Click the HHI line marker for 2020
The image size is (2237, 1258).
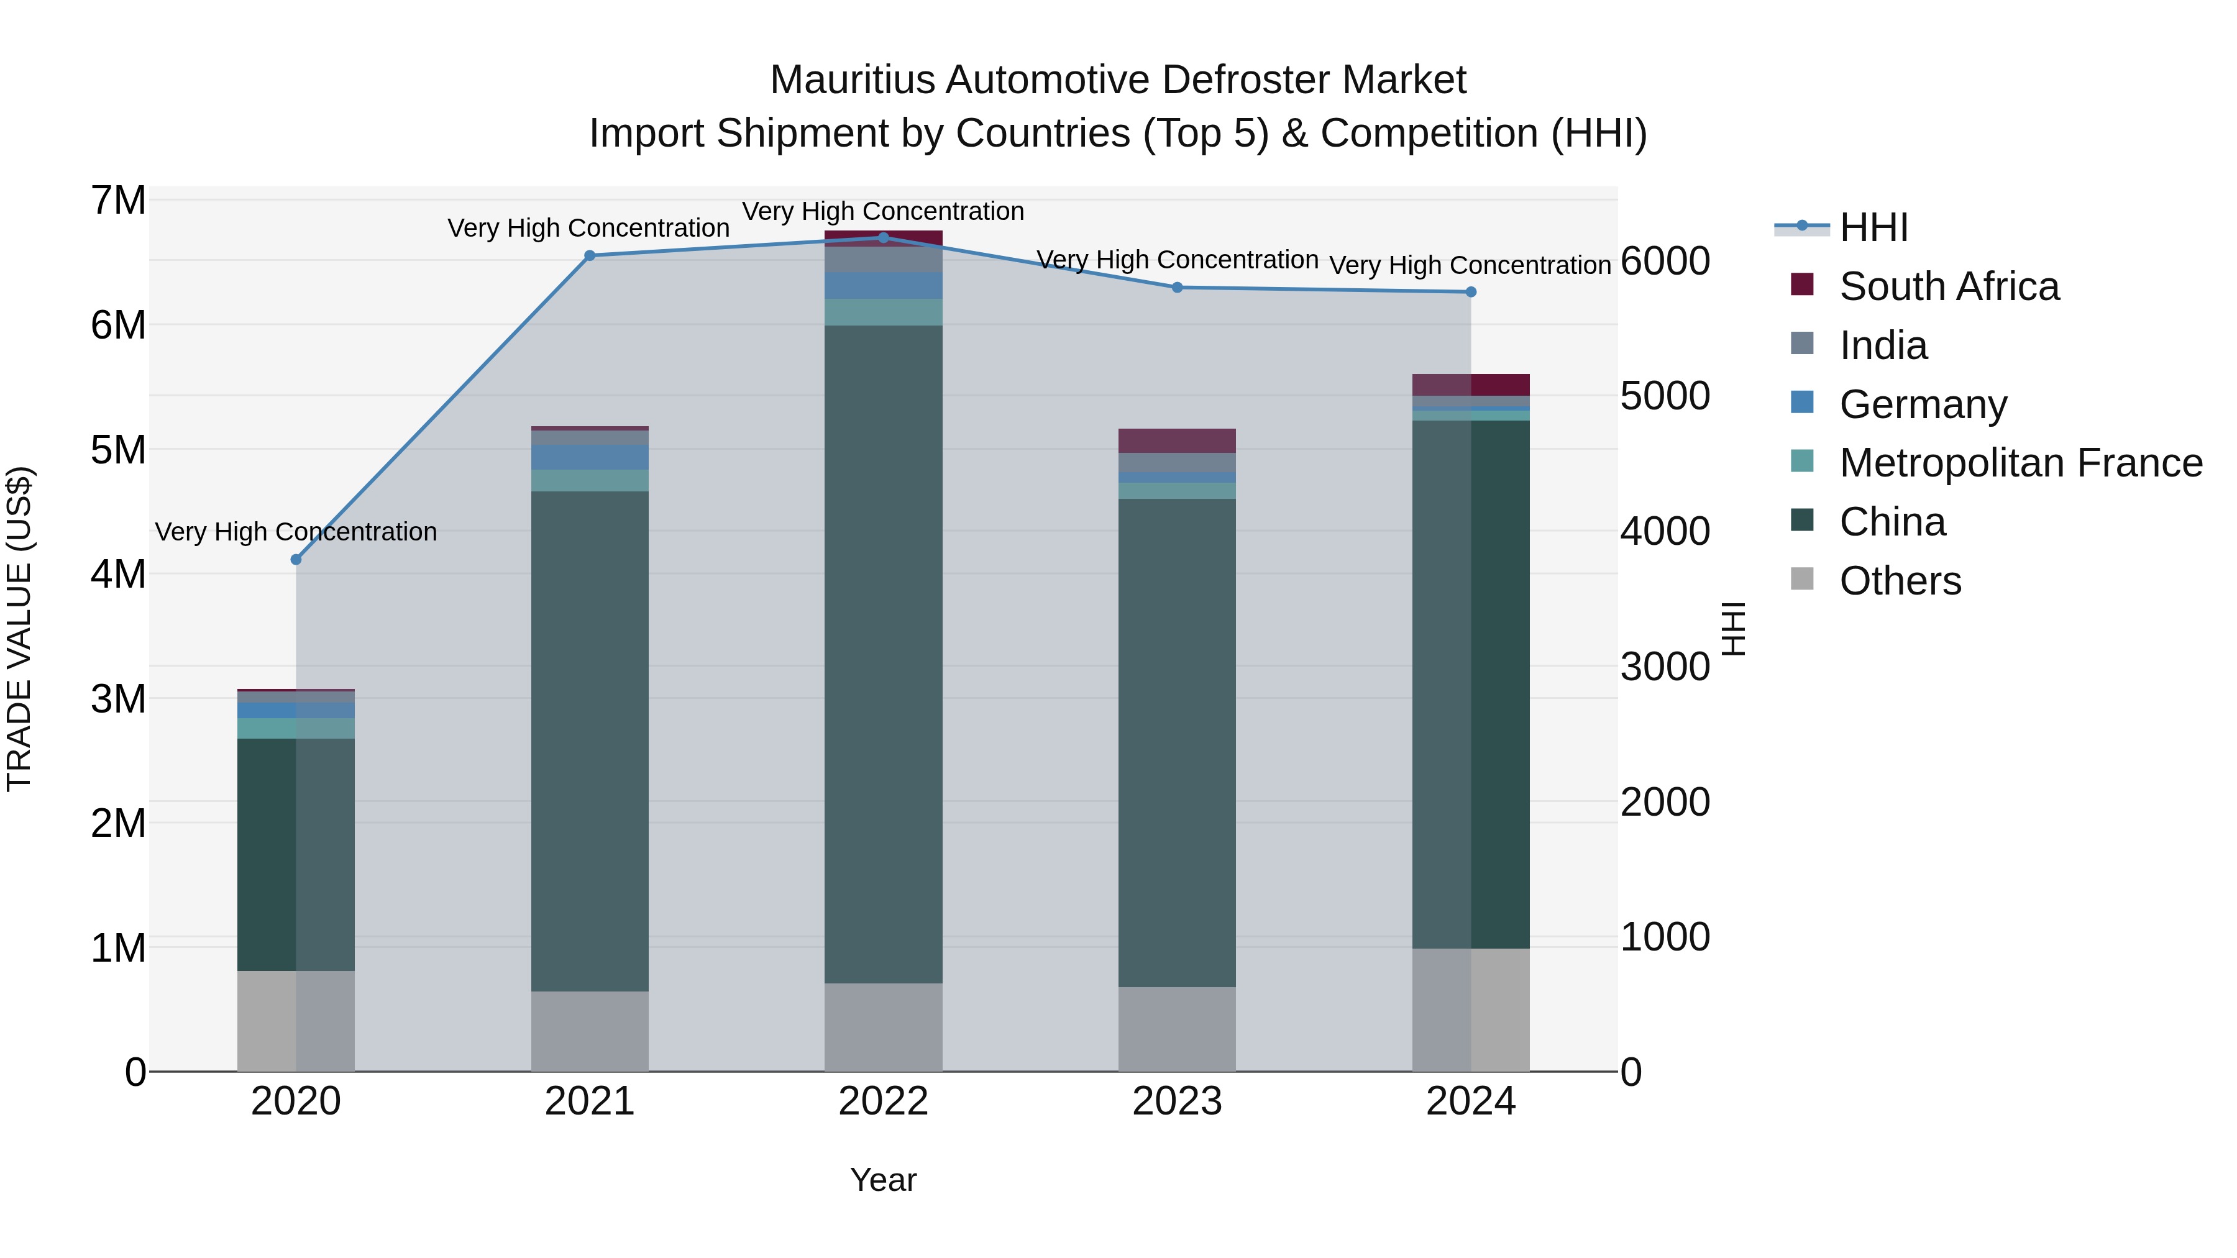tap(296, 560)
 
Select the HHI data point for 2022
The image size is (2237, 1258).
tap(883, 237)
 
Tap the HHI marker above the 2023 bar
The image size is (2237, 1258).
tap(1178, 288)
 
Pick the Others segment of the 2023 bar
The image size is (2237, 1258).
tap(1177, 1028)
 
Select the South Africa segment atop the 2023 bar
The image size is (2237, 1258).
tap(1177, 440)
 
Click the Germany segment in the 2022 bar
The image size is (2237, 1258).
tap(883, 286)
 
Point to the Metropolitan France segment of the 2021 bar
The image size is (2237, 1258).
tap(590, 480)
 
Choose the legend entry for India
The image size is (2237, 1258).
tap(1883, 345)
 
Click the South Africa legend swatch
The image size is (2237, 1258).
tap(1802, 285)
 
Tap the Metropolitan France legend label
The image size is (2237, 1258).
tap(2021, 463)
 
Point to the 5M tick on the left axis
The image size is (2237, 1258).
tap(119, 450)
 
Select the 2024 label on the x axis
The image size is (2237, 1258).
tap(1470, 1101)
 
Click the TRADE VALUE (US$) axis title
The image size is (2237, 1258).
tap(19, 629)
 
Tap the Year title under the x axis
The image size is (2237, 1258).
tap(883, 1180)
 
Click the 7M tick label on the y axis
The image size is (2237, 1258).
tap(119, 201)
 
